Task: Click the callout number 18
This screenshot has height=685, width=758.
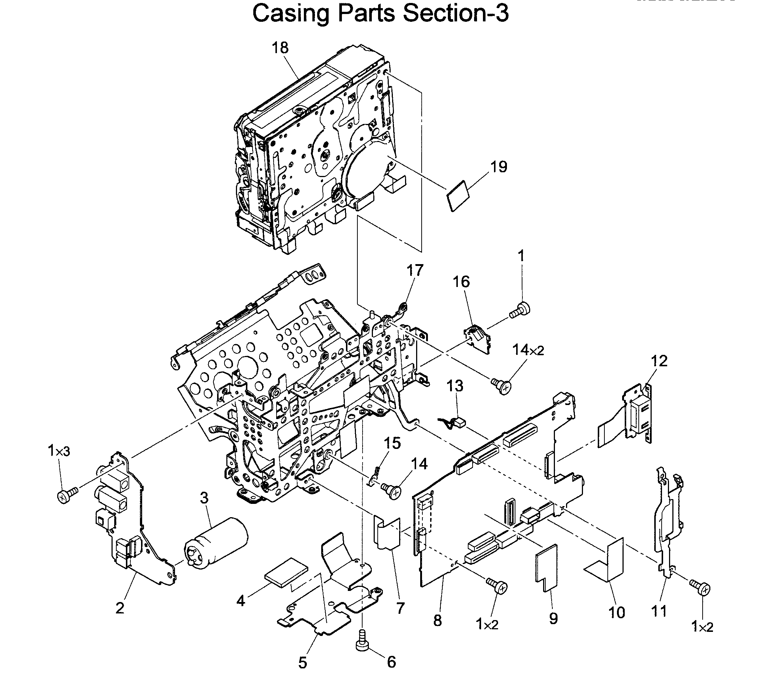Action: pos(280,48)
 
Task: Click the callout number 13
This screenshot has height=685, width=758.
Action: pos(455,386)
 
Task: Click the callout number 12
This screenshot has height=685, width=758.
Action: pos(659,361)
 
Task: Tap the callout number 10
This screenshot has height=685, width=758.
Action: pos(617,613)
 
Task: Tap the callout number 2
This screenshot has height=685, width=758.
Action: pos(120,608)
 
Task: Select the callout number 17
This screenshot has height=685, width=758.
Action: pos(415,270)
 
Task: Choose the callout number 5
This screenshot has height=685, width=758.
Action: pos(303,663)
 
